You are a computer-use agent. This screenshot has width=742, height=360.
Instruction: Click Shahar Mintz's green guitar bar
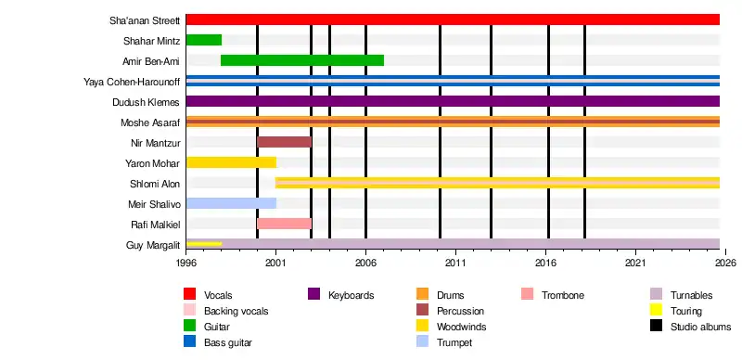tap(204, 40)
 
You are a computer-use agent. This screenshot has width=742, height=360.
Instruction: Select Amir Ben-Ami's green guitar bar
tap(302, 60)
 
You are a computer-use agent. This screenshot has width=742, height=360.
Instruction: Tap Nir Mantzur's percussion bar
tap(284, 142)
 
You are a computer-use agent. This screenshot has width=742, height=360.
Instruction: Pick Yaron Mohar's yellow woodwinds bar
tap(231, 162)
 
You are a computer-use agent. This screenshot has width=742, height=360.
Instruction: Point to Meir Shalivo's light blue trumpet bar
tap(231, 203)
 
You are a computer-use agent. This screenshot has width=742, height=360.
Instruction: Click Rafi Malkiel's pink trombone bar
tap(284, 224)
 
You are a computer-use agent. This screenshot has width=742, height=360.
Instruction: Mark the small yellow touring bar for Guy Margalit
tap(204, 244)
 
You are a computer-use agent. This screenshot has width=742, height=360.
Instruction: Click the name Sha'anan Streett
tap(145, 20)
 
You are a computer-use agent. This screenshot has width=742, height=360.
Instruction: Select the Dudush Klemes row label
tap(147, 102)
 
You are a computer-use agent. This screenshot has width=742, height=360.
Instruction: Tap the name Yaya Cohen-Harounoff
tap(132, 82)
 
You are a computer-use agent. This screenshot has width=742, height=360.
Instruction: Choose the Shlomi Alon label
tap(155, 184)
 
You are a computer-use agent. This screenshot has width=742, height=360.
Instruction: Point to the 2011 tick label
tap(455, 263)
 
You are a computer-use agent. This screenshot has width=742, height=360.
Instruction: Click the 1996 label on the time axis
tap(186, 263)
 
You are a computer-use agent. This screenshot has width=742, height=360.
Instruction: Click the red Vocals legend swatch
tap(190, 294)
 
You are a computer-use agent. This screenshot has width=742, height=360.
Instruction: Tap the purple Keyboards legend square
tap(313, 294)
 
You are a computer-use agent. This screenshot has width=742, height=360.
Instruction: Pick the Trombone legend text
tap(563, 295)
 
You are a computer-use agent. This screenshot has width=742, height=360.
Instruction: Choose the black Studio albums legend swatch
tap(656, 326)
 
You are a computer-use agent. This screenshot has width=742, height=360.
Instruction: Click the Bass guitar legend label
tap(227, 343)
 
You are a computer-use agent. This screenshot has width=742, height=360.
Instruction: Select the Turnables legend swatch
tap(656, 294)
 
